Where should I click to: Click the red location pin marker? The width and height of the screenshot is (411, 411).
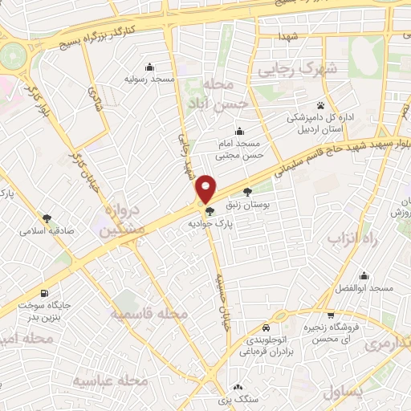206,188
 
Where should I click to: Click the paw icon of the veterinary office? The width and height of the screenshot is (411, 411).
320,106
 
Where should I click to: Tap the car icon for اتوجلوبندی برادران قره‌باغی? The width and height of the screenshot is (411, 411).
265,328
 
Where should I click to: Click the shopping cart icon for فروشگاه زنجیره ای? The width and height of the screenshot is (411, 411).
332,315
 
